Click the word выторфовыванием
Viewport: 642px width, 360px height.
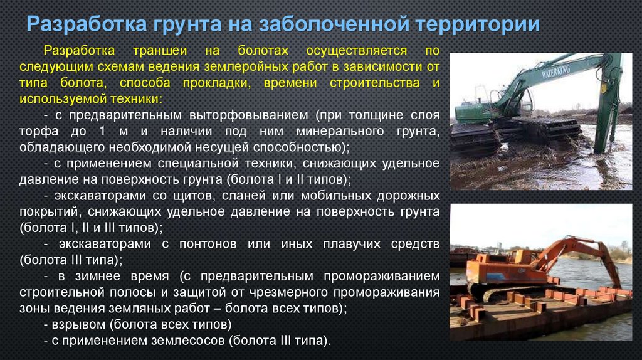249,115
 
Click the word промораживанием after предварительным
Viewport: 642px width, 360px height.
382,275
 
